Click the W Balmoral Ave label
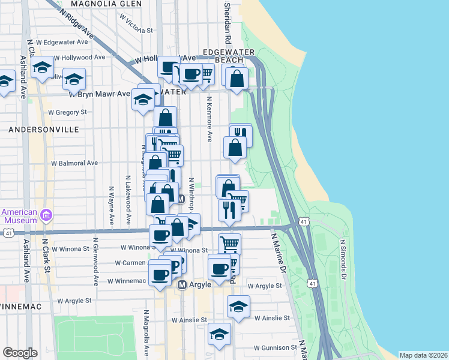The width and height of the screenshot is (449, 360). point(74,163)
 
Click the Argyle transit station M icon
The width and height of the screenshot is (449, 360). point(184,284)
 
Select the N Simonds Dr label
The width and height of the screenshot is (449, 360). point(343,260)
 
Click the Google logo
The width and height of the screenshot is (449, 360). point(20,353)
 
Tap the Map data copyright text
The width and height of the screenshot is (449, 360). point(423,355)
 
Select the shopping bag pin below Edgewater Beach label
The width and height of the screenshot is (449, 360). point(238,79)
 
